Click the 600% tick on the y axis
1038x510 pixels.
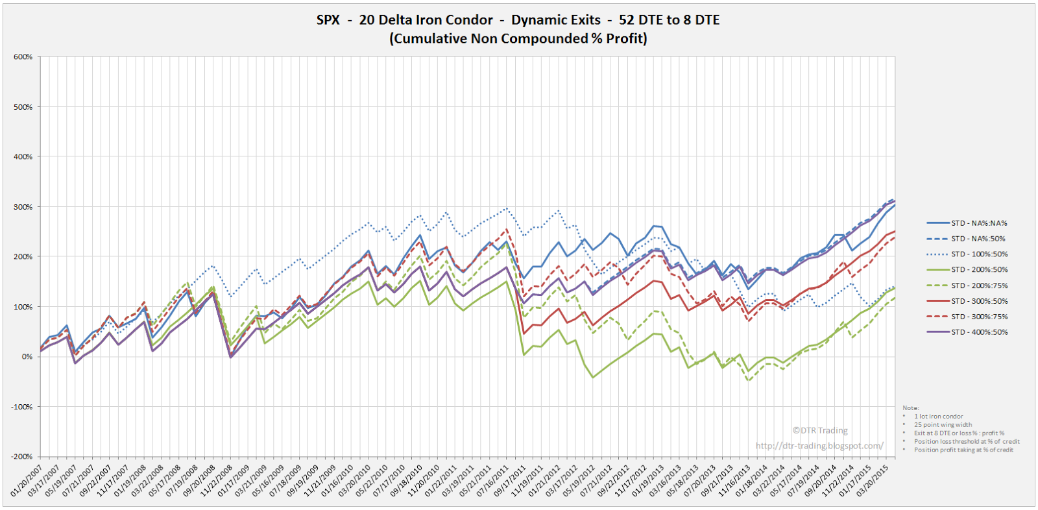tap(23, 57)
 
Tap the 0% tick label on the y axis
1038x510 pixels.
tap(27, 357)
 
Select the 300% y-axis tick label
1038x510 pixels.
tap(23, 207)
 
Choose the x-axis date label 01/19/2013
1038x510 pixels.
tap(657, 480)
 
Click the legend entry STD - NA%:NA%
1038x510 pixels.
tap(979, 223)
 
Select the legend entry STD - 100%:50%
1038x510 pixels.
tap(979, 254)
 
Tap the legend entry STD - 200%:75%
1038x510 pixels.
tap(979, 285)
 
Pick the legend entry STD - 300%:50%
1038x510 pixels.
tap(979, 301)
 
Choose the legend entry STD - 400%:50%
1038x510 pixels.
tap(979, 332)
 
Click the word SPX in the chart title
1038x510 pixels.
tap(328, 20)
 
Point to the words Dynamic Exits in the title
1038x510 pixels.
tap(556, 20)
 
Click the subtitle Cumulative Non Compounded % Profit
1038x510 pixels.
tap(518, 39)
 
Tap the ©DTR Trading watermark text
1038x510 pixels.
tap(820, 430)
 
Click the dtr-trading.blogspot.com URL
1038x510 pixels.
tap(819, 446)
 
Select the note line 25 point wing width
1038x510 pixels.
tap(943, 425)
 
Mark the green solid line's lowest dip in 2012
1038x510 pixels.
tap(592, 377)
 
